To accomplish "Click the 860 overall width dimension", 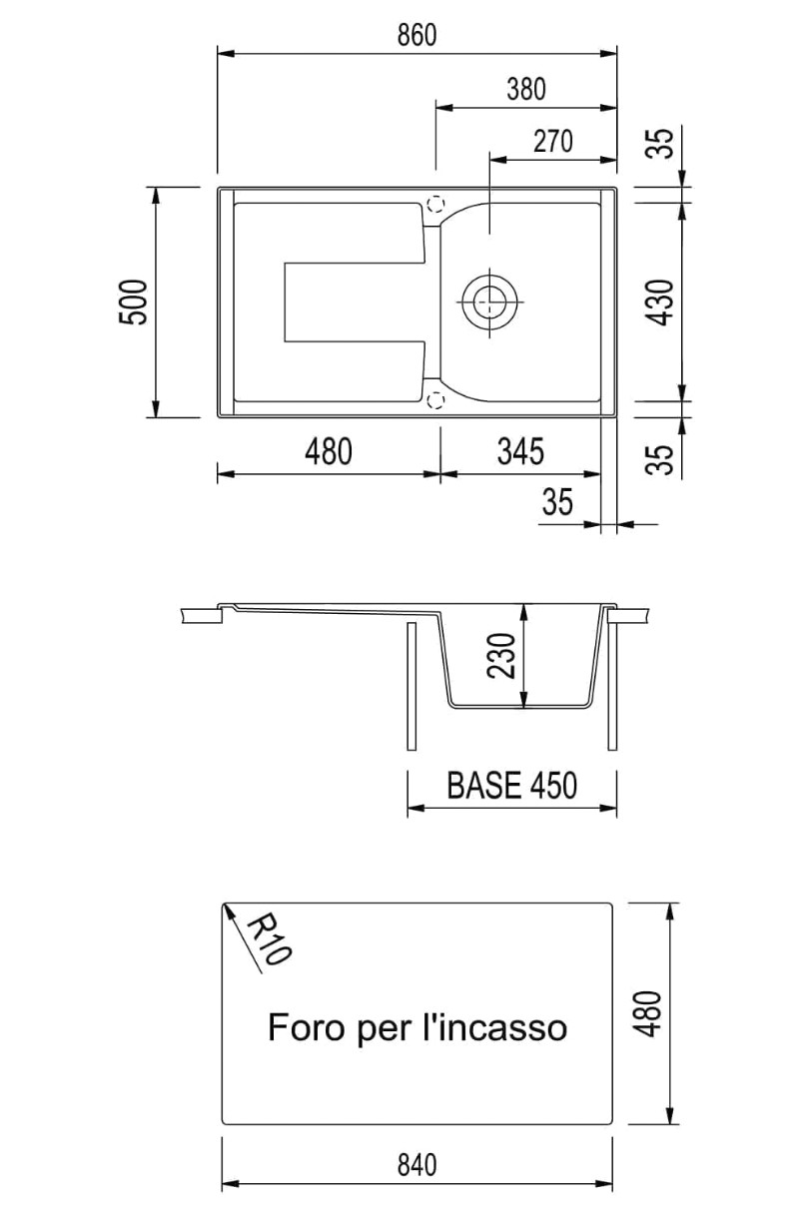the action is [417, 35].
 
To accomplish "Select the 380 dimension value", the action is [526, 89].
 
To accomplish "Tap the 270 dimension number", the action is [552, 142].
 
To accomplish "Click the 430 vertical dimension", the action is [660, 303].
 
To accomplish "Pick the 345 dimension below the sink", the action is [520, 451].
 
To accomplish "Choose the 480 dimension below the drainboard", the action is [329, 451].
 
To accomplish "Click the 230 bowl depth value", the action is [501, 655].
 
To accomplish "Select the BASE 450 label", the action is [511, 785].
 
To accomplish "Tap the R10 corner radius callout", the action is [270, 937].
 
